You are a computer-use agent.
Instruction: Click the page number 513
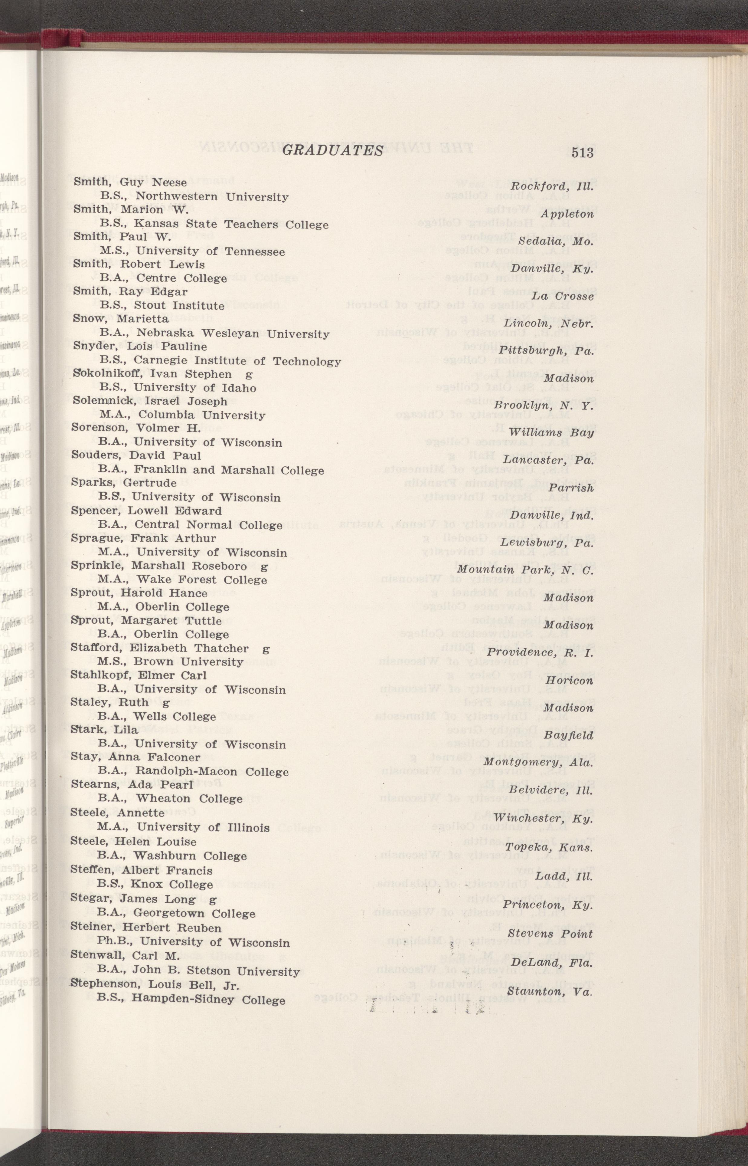tap(582, 153)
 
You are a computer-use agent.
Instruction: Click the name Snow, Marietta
tap(121, 319)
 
